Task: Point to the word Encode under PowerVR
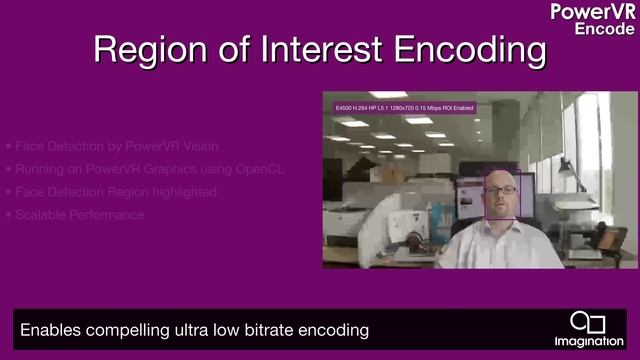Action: (x=603, y=29)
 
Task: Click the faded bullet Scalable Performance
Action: (x=80, y=215)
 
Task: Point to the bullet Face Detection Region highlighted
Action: (x=115, y=192)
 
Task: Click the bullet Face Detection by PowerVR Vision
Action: (x=110, y=146)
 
